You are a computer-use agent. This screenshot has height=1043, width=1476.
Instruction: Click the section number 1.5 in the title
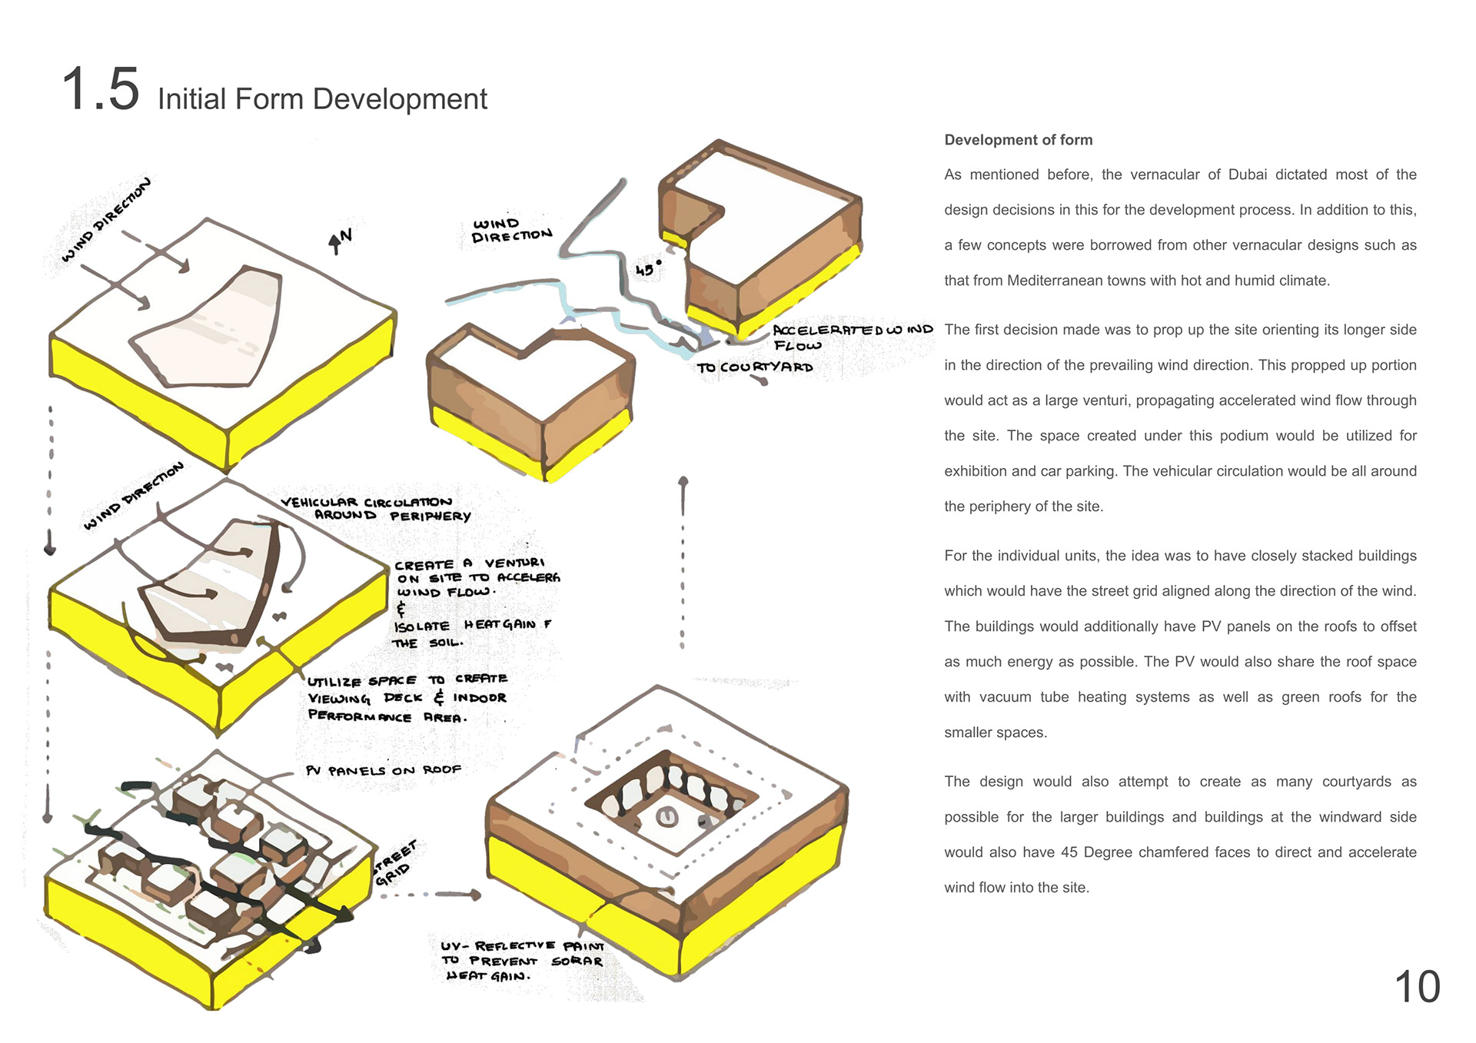coord(100,89)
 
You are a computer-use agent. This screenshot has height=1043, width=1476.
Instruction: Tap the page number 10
coord(1417,987)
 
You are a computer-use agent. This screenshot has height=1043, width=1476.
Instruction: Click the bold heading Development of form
coord(1018,140)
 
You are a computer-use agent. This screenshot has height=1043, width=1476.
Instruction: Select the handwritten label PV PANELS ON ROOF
coord(383,770)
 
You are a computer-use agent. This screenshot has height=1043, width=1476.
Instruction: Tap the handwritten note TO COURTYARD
coord(754,367)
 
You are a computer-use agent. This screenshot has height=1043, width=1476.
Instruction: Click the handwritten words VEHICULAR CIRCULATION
coord(366,503)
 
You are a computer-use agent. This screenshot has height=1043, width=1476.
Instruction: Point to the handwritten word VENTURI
coord(514,563)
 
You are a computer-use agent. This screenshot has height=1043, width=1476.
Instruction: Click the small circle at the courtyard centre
coord(667,817)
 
